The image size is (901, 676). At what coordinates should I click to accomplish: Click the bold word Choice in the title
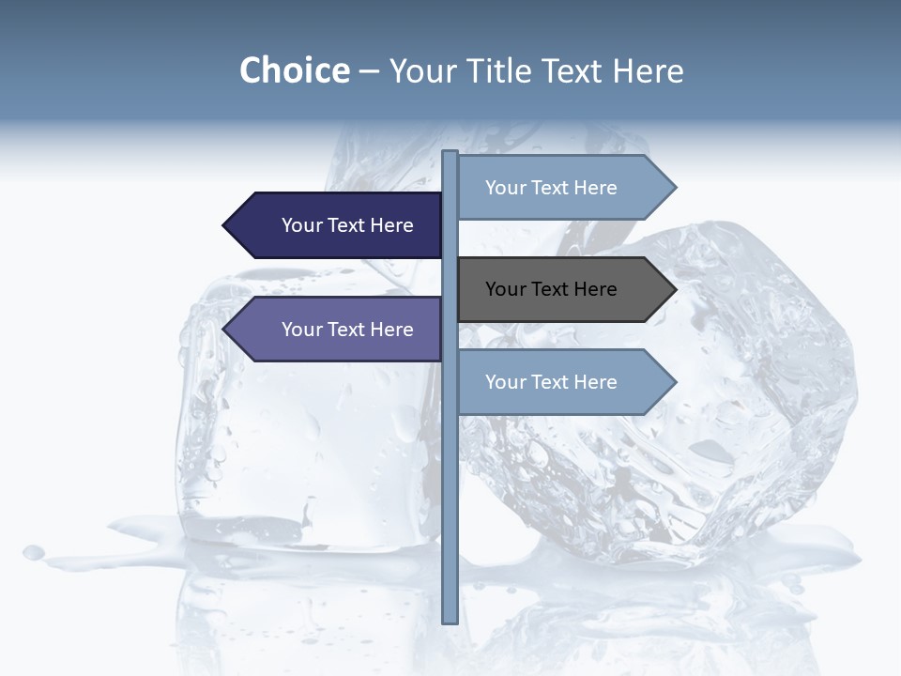[294, 70]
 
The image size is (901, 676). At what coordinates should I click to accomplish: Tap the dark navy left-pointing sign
[338, 225]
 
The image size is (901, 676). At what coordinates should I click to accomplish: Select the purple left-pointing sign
[338, 330]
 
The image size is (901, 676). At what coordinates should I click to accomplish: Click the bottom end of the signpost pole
[450, 620]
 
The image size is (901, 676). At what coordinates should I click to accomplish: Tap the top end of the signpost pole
[450, 153]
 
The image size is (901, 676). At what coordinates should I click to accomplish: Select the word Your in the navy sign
[302, 225]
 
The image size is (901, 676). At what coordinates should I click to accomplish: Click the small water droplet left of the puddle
[34, 552]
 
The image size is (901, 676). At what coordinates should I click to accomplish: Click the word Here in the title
[649, 70]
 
